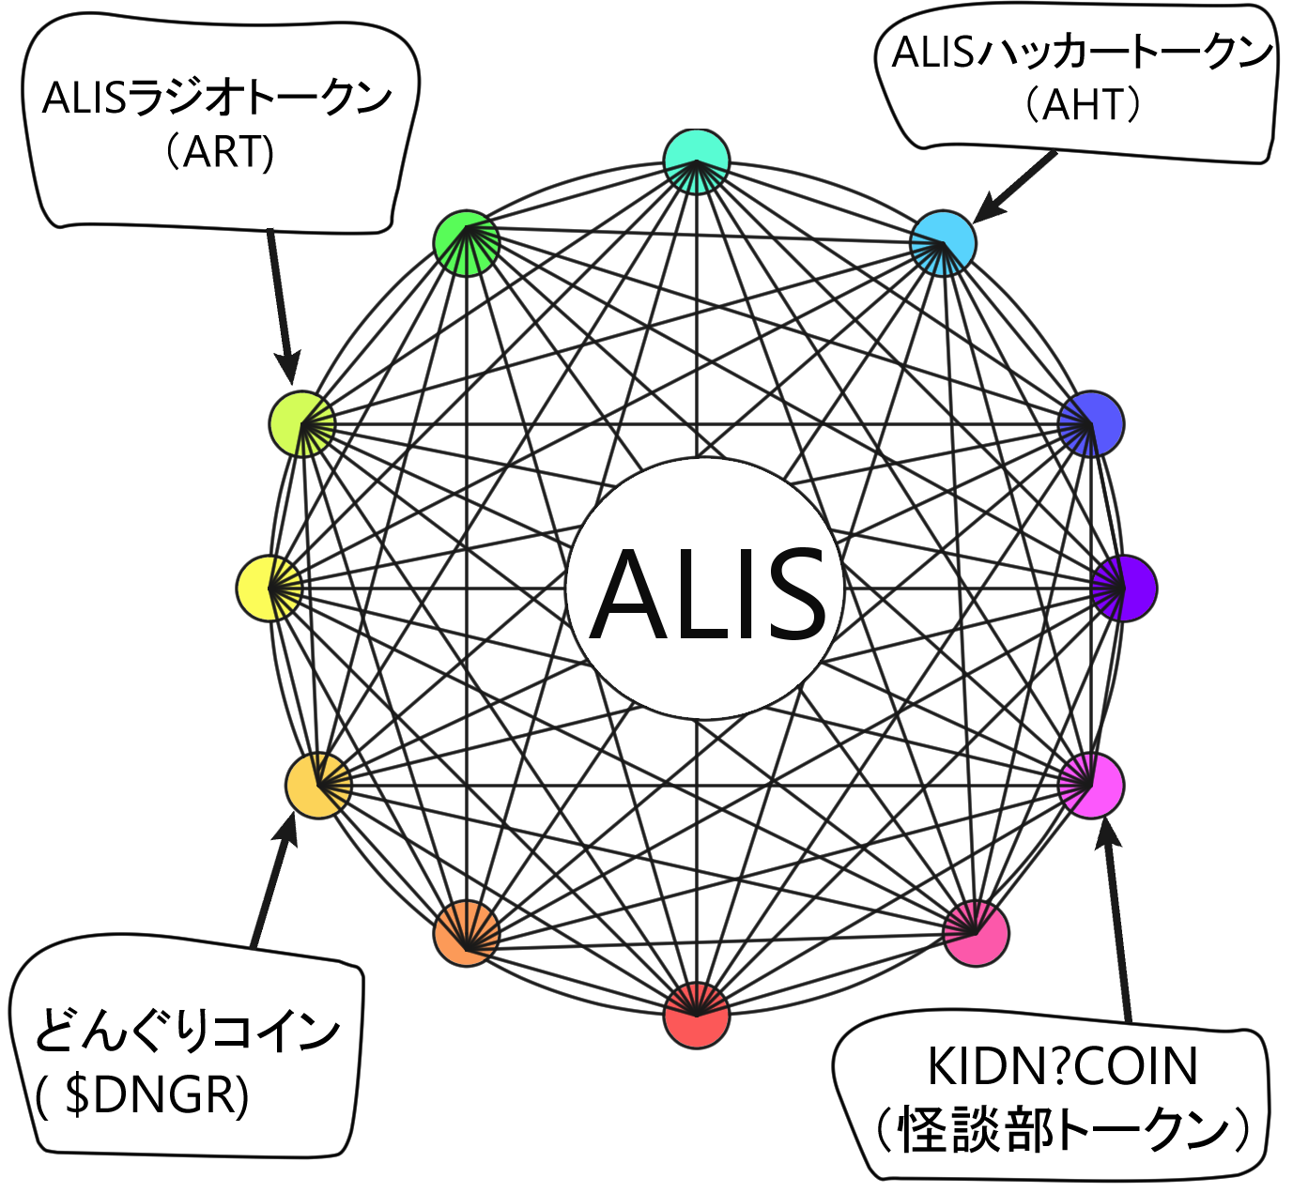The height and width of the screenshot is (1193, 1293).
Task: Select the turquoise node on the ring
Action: point(696,161)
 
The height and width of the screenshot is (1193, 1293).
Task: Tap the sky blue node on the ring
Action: point(943,243)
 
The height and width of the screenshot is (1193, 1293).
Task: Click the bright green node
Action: point(466,243)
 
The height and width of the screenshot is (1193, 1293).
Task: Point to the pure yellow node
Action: point(269,588)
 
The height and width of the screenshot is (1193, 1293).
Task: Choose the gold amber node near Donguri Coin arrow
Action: point(318,785)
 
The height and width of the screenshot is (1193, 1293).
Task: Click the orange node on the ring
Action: point(466,933)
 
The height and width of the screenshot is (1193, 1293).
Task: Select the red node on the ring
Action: point(696,1016)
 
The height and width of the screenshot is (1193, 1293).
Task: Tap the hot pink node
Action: point(977,933)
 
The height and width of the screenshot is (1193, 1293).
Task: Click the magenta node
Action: point(1091,785)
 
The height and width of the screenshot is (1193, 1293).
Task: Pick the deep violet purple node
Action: point(1124,588)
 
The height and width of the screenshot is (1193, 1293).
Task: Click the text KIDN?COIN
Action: point(1062,1067)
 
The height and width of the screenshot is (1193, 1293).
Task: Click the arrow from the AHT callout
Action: point(1014,188)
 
